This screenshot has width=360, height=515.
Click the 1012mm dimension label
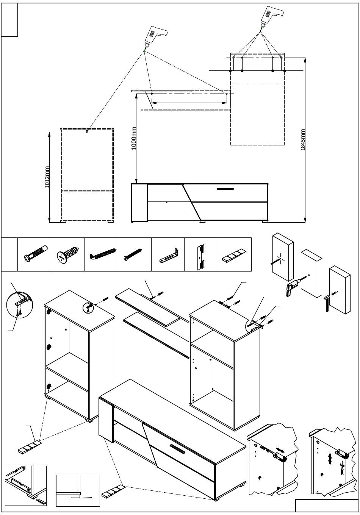pyautogui.click(x=47, y=177)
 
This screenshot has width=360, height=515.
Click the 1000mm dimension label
pyautogui.click(x=134, y=138)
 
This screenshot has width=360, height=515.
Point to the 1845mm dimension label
pyautogui.click(x=303, y=140)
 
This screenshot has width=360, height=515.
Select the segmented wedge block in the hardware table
pyautogui.click(x=234, y=255)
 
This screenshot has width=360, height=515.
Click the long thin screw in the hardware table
pyautogui.click(x=133, y=254)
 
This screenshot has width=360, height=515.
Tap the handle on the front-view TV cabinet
pyautogui.click(x=225, y=189)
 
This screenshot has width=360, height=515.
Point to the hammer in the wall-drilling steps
pyautogui.click(x=327, y=303)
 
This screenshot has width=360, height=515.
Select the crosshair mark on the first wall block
pyautogui.click(x=280, y=258)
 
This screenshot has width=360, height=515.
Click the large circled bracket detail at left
pyautogui.click(x=20, y=304)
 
